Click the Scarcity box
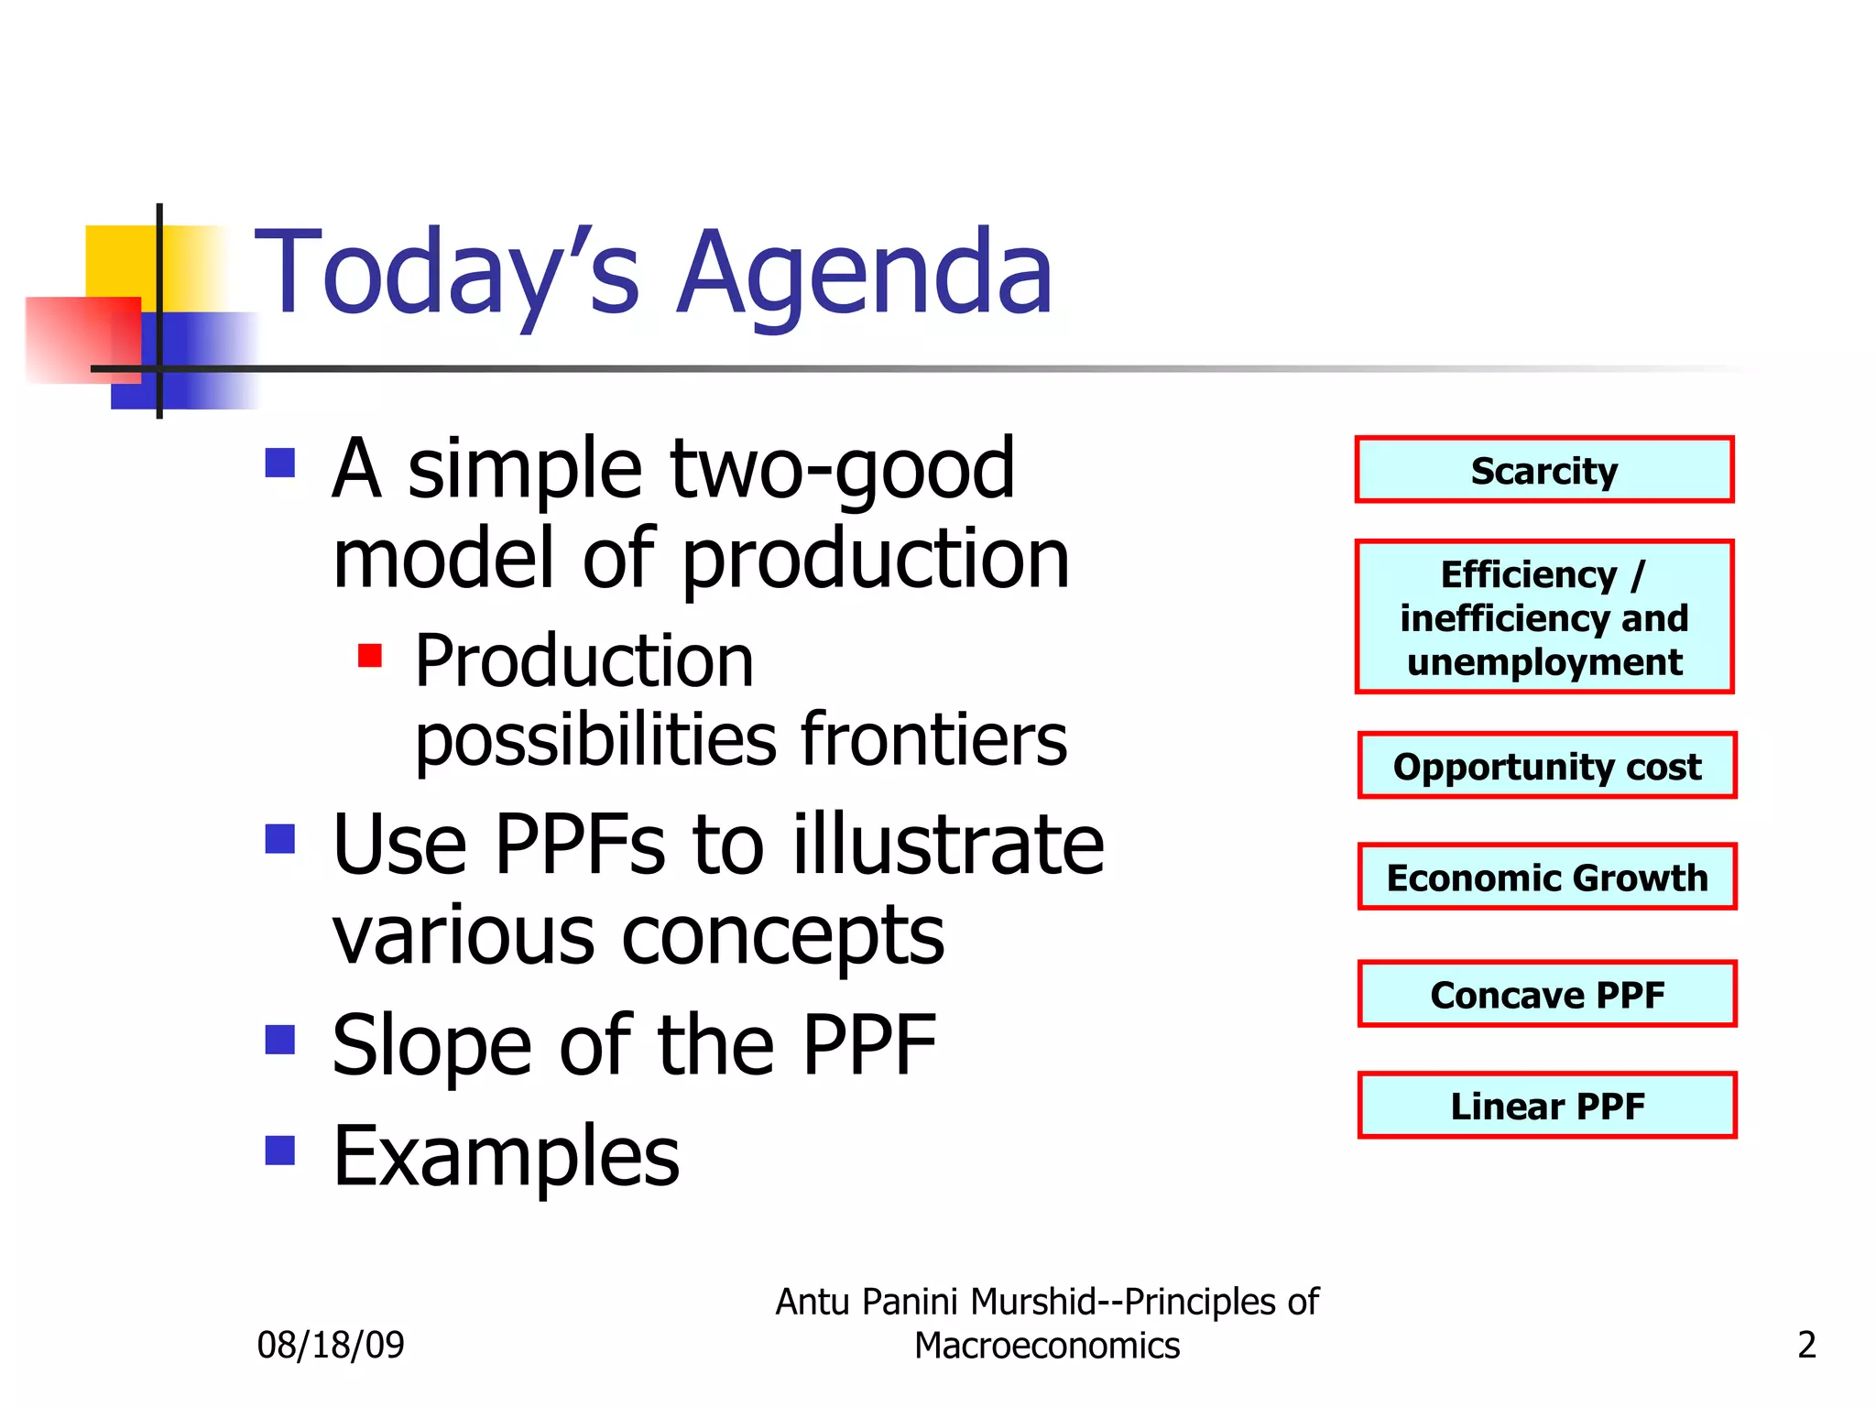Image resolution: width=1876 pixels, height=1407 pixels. [1543, 470]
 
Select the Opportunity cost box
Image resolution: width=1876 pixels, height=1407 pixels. [1546, 766]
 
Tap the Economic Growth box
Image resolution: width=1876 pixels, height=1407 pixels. [1546, 877]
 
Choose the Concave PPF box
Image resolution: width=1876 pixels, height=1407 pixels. [1546, 994]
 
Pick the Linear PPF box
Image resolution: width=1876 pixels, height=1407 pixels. [1546, 1106]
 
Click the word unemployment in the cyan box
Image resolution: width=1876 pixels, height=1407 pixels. [1544, 661]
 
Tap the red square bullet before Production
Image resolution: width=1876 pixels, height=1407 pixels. [370, 656]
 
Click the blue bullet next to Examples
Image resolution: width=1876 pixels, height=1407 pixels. [280, 1150]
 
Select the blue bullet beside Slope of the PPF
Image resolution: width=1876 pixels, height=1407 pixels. [280, 1040]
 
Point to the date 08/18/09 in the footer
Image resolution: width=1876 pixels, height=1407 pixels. [331, 1345]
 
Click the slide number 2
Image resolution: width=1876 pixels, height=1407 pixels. [1806, 1345]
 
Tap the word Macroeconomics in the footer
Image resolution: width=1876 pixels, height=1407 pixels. [1047, 1346]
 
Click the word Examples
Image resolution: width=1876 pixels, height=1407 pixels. [506, 1156]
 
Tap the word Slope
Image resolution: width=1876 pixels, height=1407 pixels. [431, 1045]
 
